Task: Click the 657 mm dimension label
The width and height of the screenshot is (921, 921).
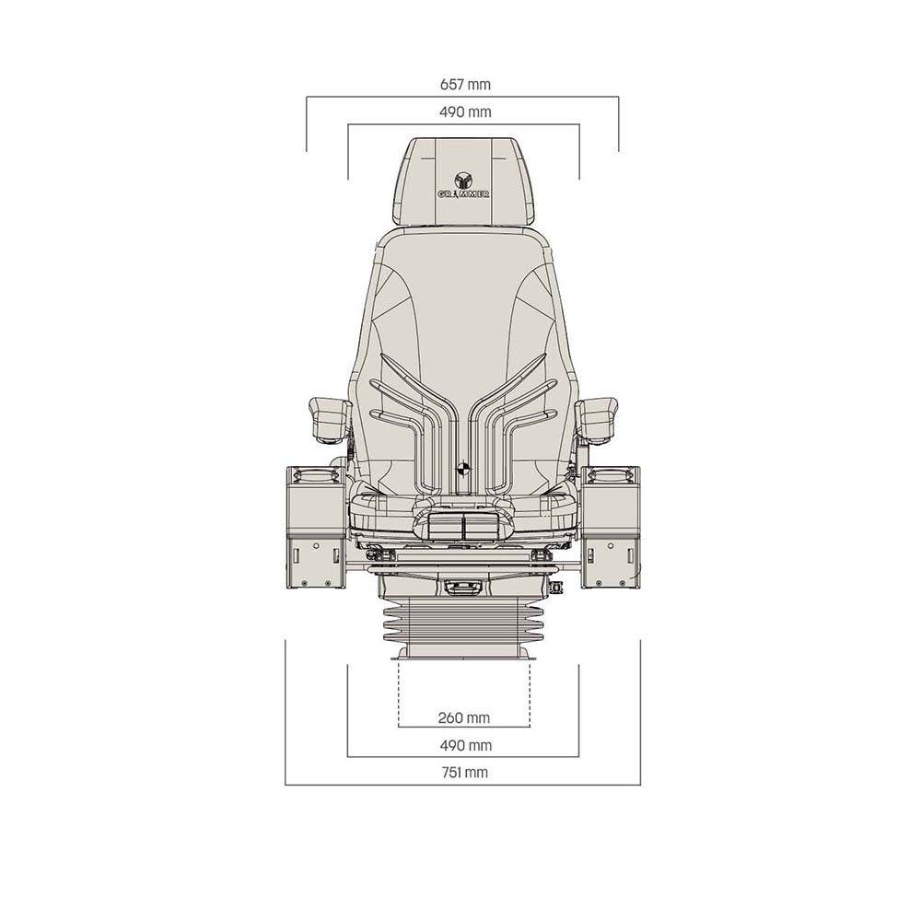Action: pyautogui.click(x=465, y=85)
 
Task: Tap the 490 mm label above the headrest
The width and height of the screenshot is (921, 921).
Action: pyautogui.click(x=465, y=112)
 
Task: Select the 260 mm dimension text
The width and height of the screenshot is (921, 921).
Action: pyautogui.click(x=465, y=717)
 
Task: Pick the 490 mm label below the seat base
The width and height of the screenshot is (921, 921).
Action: pyautogui.click(x=465, y=745)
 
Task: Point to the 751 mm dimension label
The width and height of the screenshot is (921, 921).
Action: pyautogui.click(x=465, y=773)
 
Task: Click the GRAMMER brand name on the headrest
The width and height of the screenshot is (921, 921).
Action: pyautogui.click(x=463, y=194)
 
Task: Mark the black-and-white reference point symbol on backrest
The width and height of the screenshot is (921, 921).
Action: pyautogui.click(x=463, y=467)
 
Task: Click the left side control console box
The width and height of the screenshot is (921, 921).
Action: pyautogui.click(x=315, y=527)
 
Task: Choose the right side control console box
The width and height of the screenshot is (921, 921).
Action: pyautogui.click(x=611, y=527)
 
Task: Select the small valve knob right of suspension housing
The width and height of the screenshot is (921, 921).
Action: pyautogui.click(x=555, y=587)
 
